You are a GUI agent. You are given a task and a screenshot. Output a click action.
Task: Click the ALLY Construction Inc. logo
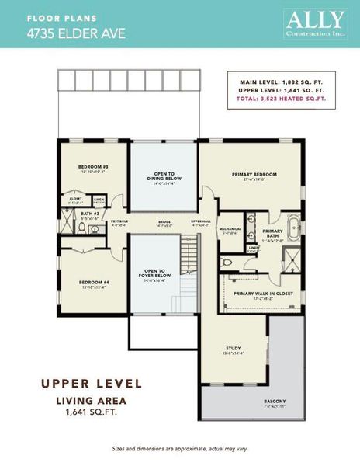(315, 24)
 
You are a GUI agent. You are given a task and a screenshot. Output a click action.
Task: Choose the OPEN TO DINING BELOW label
(163, 176)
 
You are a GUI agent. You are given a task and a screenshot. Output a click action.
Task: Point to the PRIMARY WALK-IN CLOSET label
(263, 293)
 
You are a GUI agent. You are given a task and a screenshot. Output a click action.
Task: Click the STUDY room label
(234, 349)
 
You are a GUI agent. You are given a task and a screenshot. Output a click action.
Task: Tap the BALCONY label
(275, 402)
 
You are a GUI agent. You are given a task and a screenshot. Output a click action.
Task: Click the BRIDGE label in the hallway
(164, 222)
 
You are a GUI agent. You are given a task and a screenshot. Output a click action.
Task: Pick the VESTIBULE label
(119, 221)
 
